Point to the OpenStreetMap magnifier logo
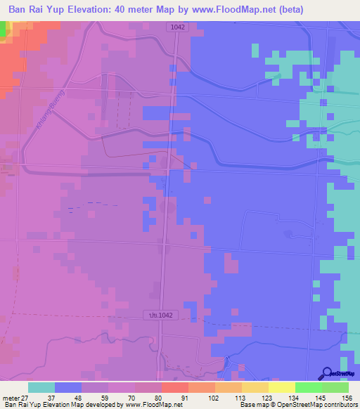tap(328, 374)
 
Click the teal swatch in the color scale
tap(41, 387)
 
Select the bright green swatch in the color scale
tap(308, 387)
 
